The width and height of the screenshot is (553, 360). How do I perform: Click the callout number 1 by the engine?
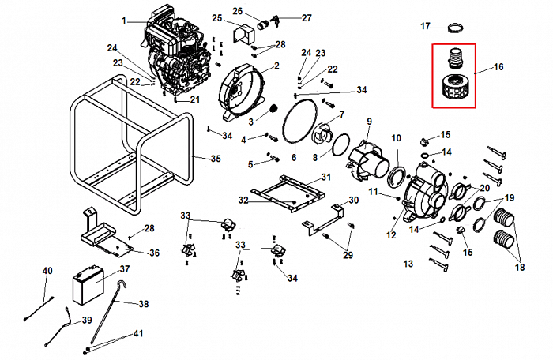click(123, 18)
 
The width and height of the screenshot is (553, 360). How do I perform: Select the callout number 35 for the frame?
click(216, 159)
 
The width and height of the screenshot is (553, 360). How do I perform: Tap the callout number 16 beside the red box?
click(498, 68)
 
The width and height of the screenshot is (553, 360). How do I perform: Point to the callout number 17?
click(426, 26)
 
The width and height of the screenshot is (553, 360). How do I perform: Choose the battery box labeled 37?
click(88, 287)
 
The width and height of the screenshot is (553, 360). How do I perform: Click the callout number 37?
click(124, 269)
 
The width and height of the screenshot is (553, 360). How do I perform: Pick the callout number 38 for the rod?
click(143, 304)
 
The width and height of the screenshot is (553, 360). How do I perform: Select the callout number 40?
click(47, 271)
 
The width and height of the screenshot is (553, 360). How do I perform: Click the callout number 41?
click(138, 334)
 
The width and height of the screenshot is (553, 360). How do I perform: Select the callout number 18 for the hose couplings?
click(519, 267)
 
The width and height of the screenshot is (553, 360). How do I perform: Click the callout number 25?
click(217, 17)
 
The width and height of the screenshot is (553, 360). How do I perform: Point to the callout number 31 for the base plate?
click(323, 180)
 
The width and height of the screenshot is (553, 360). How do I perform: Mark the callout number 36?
click(155, 253)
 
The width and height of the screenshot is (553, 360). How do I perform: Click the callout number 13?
click(408, 263)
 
